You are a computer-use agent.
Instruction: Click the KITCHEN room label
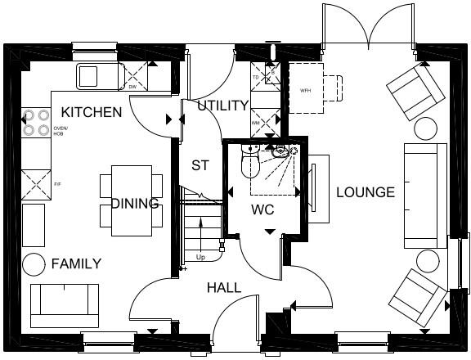click(92, 112)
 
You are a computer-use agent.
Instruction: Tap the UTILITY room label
click(222, 106)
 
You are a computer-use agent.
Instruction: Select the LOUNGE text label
click(366, 192)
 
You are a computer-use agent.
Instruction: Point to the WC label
click(262, 209)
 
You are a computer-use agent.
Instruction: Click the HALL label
click(223, 288)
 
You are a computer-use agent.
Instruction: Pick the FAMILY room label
click(76, 263)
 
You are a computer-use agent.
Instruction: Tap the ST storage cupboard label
click(200, 165)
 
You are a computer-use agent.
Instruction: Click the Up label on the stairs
click(200, 258)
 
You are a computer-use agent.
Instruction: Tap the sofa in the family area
click(65, 305)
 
